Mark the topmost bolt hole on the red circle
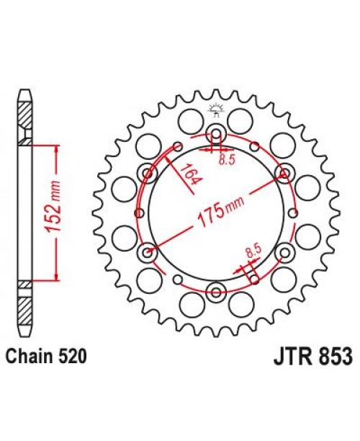pos(216,134)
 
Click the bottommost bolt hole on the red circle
pos(216,291)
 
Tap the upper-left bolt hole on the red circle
pos(148,173)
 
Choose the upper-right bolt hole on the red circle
pos(284,173)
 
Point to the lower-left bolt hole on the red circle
pos(148,252)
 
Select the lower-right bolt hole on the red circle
pos(284,252)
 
